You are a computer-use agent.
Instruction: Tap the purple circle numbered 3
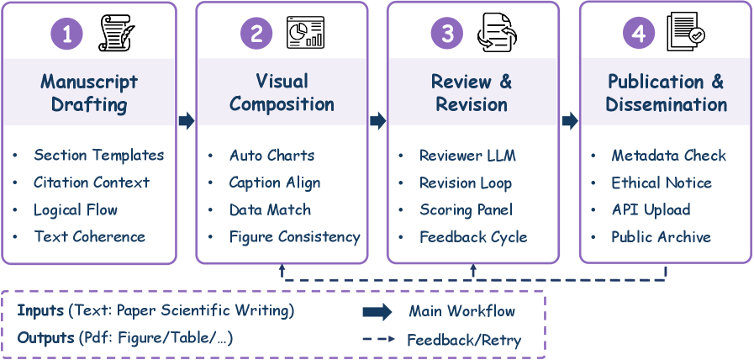pyautogui.click(x=447, y=33)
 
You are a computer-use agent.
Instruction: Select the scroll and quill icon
pyautogui.click(x=116, y=33)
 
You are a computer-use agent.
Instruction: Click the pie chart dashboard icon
pyautogui.click(x=305, y=32)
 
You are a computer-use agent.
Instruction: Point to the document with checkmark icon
pyautogui.click(x=685, y=33)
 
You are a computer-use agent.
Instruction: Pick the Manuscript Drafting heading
pyautogui.click(x=89, y=93)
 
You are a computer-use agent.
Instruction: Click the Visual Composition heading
pyautogui.click(x=282, y=93)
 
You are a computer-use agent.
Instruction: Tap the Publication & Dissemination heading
pyautogui.click(x=666, y=93)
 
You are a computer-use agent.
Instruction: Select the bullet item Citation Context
pyautogui.click(x=92, y=183)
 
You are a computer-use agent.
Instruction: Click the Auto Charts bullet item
pyautogui.click(x=272, y=156)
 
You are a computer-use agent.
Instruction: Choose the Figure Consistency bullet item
pyautogui.click(x=294, y=237)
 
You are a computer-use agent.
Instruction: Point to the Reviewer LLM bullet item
pyautogui.click(x=467, y=156)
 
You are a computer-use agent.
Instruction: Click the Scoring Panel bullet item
pyautogui.click(x=466, y=210)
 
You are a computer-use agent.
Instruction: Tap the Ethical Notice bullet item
pyautogui.click(x=662, y=183)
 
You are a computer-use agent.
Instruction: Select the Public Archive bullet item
pyautogui.click(x=661, y=237)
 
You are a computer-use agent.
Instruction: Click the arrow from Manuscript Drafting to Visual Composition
pyautogui.click(x=187, y=121)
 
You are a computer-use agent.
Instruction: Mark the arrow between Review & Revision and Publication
pyautogui.click(x=570, y=121)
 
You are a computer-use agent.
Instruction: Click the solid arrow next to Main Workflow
pyautogui.click(x=377, y=312)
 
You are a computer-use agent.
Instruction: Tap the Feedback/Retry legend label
pyautogui.click(x=464, y=341)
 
